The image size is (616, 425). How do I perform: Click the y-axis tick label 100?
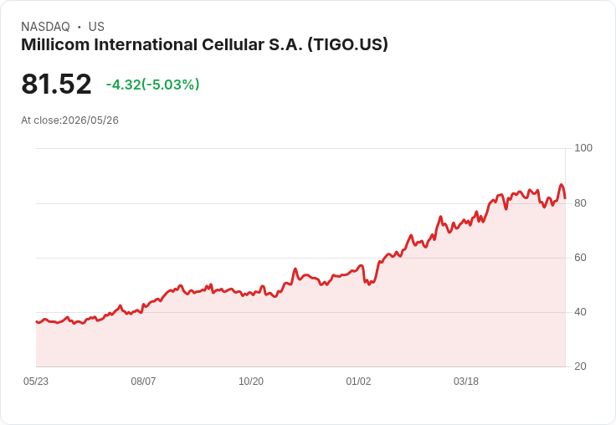583,148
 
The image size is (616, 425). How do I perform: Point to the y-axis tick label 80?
580,203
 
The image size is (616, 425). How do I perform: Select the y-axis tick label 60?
580,258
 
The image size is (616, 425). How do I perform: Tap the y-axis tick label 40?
580,312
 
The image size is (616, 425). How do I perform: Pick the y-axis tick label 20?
580,366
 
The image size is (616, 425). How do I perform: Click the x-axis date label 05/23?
36,381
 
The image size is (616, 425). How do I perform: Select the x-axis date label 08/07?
143,381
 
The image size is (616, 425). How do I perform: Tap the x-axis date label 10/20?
251,381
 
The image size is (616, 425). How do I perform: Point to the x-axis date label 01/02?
358,381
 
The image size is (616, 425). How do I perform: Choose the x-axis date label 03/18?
466,381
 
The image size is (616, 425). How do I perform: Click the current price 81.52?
56,84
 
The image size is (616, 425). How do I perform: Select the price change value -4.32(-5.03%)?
153,84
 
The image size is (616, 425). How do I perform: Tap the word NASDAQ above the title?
45,27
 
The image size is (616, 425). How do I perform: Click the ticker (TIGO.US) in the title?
347,44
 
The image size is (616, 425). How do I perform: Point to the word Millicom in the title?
55,44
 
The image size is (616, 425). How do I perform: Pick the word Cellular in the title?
233,44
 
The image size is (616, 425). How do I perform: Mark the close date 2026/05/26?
90,120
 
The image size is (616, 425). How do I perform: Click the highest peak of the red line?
561,184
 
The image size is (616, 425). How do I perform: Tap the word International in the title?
146,44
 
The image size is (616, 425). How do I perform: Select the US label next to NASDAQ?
96,27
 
